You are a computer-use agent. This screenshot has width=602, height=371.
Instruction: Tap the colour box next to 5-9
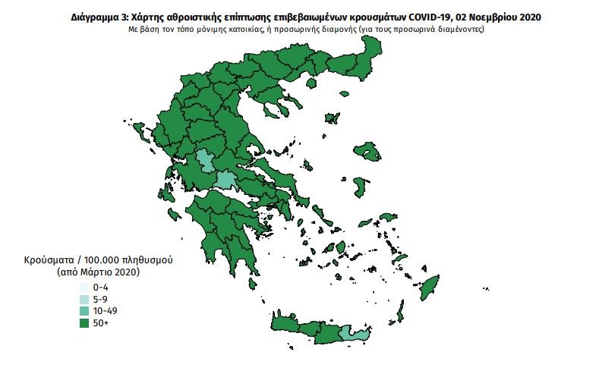[x=83, y=300]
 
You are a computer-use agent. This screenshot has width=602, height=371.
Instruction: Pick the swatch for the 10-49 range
[x=83, y=312]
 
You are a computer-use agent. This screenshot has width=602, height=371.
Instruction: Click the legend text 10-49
[x=105, y=312]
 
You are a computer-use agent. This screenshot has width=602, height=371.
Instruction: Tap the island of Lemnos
[x=331, y=118]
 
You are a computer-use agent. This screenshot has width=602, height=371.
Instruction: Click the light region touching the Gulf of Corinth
[x=225, y=181]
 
